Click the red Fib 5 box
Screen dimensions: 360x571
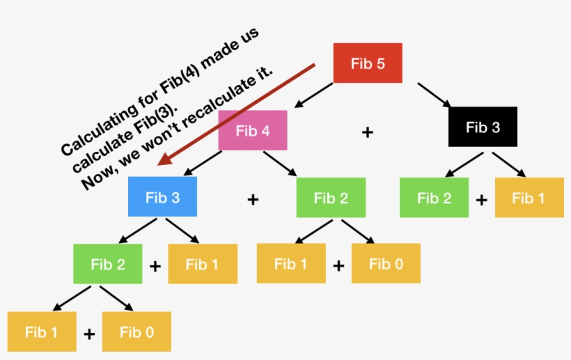point(368,64)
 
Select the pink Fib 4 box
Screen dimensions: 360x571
point(253,130)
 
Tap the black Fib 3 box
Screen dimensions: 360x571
point(483,127)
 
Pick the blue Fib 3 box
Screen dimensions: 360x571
point(162,197)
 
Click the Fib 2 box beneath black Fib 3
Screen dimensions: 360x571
point(434,198)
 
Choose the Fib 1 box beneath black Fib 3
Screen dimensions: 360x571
point(529,198)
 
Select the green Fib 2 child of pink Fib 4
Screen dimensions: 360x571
point(330,198)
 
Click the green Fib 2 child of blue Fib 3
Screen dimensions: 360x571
point(107,264)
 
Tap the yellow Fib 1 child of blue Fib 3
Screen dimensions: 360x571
point(202,264)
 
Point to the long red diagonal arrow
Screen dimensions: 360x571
point(237,115)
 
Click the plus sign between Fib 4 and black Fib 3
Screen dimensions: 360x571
point(368,132)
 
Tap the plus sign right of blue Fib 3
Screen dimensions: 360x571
point(253,200)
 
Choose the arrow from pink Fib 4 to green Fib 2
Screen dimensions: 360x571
point(281,163)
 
